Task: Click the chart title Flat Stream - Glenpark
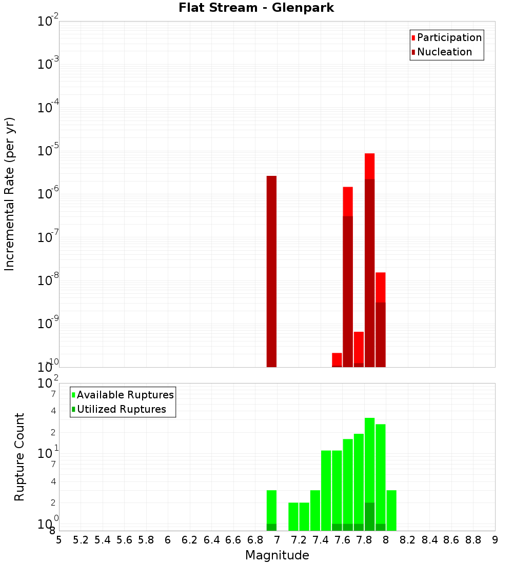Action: (256, 8)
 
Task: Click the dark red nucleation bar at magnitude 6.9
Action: (271, 272)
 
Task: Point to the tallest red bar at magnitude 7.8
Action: (370, 167)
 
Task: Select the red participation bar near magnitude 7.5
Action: (337, 359)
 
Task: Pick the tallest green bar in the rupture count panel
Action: (370, 461)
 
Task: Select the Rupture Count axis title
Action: (19, 457)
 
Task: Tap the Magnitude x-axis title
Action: (277, 555)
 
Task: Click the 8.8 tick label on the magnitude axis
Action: (473, 540)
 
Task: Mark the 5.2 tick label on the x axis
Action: (81, 540)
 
